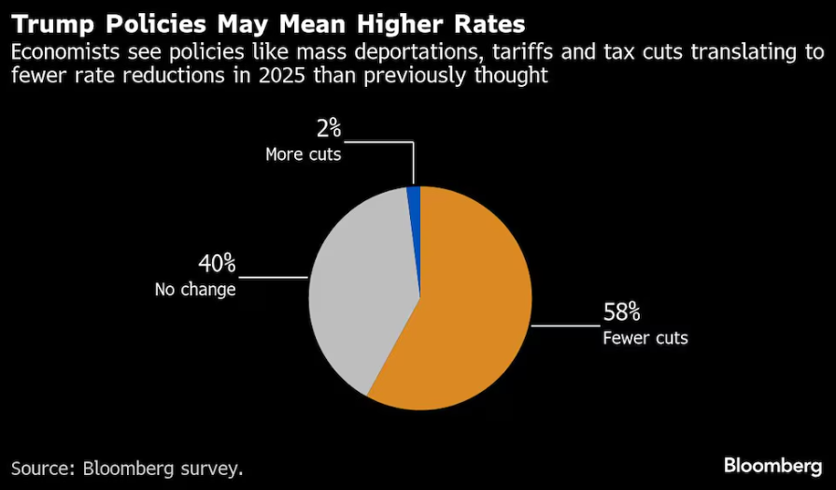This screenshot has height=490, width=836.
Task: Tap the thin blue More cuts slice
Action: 415,194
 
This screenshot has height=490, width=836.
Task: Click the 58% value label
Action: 621,312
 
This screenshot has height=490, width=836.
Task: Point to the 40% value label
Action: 216,264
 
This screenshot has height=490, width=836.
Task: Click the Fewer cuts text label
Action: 645,338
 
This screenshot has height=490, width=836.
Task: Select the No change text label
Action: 195,289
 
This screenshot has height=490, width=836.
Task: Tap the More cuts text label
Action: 304,154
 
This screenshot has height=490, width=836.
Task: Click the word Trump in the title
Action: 55,21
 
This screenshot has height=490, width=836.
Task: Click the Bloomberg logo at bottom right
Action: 773,465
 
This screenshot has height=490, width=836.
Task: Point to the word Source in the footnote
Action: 41,467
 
